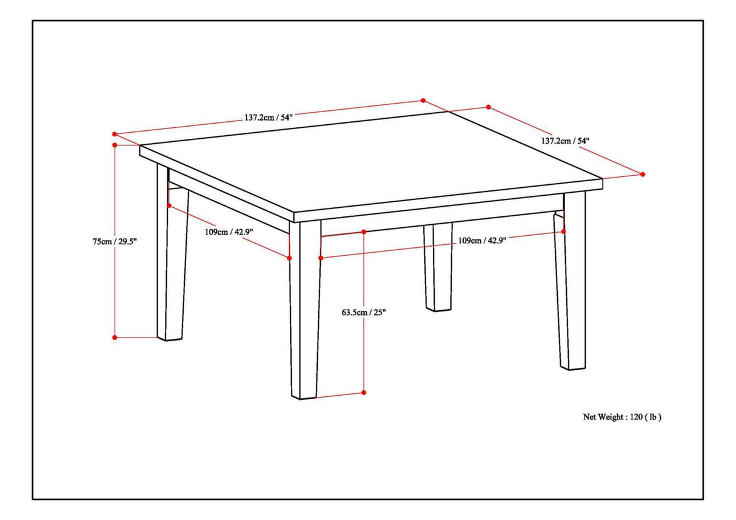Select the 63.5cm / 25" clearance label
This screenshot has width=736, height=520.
(364, 313)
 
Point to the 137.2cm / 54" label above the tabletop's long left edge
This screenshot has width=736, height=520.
(269, 118)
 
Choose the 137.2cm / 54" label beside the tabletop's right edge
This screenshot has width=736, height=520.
(565, 141)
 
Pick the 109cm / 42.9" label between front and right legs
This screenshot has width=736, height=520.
(481, 241)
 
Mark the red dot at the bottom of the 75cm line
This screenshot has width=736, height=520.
(115, 337)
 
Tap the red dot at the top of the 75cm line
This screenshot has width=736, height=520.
(115, 145)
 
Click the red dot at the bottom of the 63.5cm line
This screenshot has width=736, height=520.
(364, 393)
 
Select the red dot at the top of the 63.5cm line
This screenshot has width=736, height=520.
(364, 232)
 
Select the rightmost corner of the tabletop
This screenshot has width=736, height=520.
(602, 180)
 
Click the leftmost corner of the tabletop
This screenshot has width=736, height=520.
(141, 147)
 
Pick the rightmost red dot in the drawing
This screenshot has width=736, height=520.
(643, 174)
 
